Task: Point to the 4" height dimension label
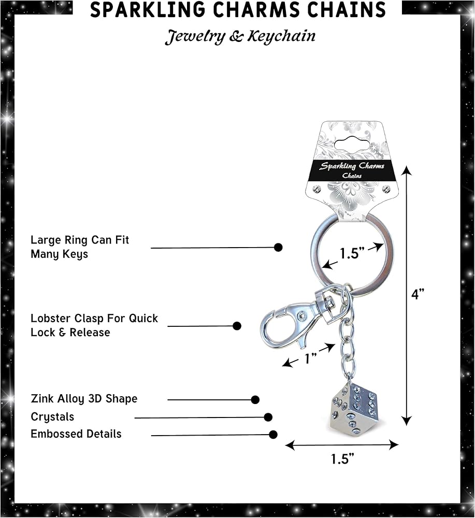tap(418, 294)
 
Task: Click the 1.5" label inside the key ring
tap(353, 253)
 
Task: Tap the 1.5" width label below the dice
tap(342, 459)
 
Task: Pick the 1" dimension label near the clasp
tap(311, 358)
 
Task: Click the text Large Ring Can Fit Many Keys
tap(79, 247)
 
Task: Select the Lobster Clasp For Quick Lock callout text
tap(94, 325)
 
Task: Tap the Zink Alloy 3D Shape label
tap(84, 399)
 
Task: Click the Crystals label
tap(52, 417)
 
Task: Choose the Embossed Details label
tap(76, 434)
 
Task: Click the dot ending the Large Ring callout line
tap(278, 247)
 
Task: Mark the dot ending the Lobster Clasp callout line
tap(237, 326)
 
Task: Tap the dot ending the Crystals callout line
tap(268, 417)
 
